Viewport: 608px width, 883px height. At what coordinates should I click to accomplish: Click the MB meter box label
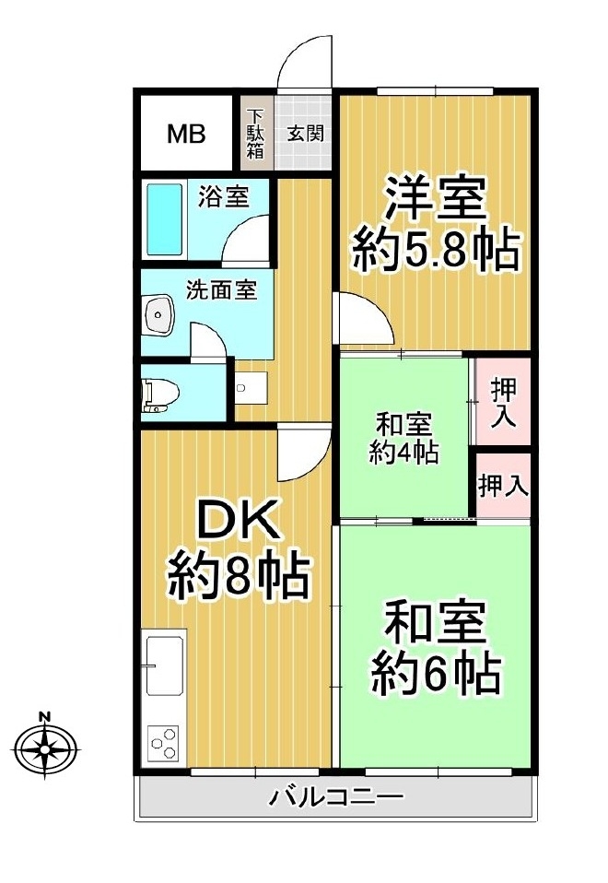(186, 134)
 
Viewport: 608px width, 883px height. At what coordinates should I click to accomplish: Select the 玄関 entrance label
(306, 134)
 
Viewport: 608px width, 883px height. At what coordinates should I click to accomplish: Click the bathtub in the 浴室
(164, 219)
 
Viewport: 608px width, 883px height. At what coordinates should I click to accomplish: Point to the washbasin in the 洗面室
(159, 314)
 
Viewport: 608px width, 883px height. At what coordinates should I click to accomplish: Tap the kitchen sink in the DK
(165, 665)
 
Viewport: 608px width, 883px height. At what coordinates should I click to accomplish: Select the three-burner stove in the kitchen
(164, 743)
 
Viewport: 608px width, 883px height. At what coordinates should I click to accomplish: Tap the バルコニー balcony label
(336, 796)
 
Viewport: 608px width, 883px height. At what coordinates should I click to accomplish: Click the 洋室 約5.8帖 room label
(434, 224)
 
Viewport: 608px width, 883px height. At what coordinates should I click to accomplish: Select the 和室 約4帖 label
(403, 438)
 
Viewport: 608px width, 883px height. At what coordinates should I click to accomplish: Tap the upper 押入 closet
(503, 402)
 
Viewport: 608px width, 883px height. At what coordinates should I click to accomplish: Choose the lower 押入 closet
(503, 486)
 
